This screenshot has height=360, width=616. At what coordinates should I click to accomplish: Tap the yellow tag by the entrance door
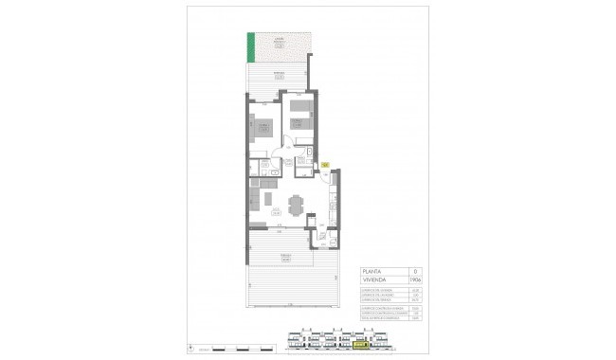click(x=325, y=165)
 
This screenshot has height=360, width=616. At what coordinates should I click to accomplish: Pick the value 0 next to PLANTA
click(x=415, y=271)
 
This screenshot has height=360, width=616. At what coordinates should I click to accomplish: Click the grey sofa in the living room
click(x=253, y=201)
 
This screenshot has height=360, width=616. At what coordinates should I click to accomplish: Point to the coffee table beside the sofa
click(x=268, y=201)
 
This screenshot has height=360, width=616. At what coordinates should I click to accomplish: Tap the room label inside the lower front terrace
click(x=284, y=256)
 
